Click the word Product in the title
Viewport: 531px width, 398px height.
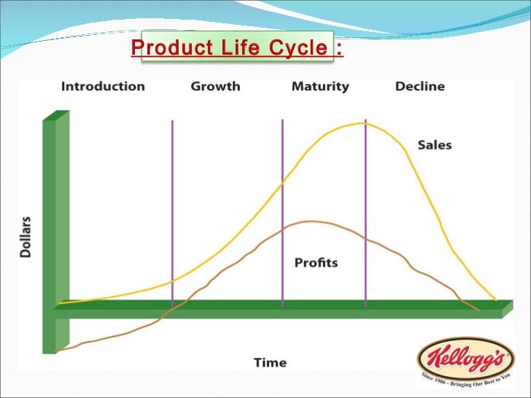pyautogui.click(x=167, y=48)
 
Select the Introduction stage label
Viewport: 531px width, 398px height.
pyautogui.click(x=103, y=86)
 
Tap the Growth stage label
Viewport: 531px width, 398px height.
pyautogui.click(x=215, y=86)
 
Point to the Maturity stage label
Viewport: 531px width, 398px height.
pyautogui.click(x=320, y=86)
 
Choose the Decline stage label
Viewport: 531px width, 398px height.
pyautogui.click(x=419, y=86)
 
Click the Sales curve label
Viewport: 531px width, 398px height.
pyautogui.click(x=434, y=144)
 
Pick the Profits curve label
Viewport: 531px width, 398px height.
pyautogui.click(x=316, y=262)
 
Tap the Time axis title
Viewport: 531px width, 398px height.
pyautogui.click(x=270, y=362)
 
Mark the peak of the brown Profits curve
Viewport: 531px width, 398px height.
pyautogui.click(x=311, y=221)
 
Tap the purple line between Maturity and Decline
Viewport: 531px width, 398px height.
pyautogui.click(x=365, y=219)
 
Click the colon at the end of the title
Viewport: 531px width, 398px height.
pyautogui.click(x=338, y=49)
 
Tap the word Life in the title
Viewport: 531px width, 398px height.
pyautogui.click(x=229, y=48)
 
